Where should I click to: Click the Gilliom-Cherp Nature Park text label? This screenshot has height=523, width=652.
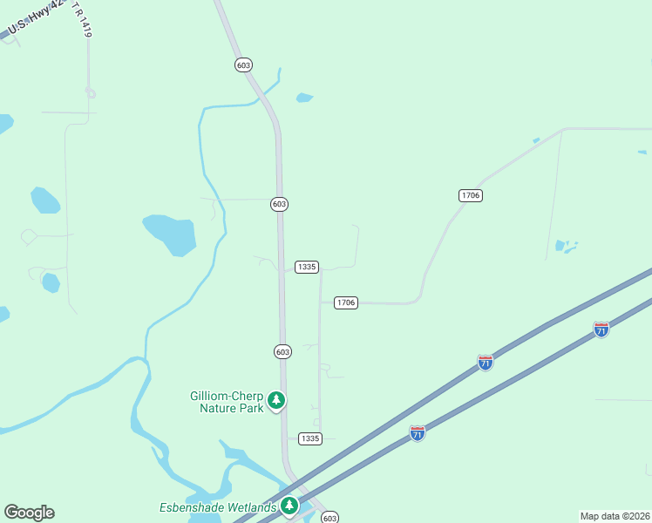point(225,401)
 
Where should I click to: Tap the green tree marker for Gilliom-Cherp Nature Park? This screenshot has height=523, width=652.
point(276,401)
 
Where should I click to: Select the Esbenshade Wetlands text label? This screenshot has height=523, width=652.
point(218,507)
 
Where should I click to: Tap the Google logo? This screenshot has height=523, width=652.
point(29,513)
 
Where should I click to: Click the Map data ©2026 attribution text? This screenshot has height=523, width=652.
point(615,515)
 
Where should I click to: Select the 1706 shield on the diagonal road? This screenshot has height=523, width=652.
point(470,195)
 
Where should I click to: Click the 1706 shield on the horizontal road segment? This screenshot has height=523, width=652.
point(346,302)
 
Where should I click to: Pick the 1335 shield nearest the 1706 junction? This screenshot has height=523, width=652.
point(306,267)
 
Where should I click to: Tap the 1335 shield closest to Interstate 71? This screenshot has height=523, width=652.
point(309,438)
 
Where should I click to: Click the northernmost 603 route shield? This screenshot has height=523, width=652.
point(243,65)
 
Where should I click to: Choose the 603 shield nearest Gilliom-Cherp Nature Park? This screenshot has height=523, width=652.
point(282,351)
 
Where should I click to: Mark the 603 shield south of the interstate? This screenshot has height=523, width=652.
point(329,518)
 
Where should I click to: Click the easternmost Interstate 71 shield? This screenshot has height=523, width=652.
point(601,329)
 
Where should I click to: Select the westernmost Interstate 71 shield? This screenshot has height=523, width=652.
point(418,433)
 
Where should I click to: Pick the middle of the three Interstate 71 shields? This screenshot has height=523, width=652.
point(486,362)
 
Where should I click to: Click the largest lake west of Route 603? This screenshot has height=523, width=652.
point(170,234)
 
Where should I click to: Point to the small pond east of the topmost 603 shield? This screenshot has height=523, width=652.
point(303,98)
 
